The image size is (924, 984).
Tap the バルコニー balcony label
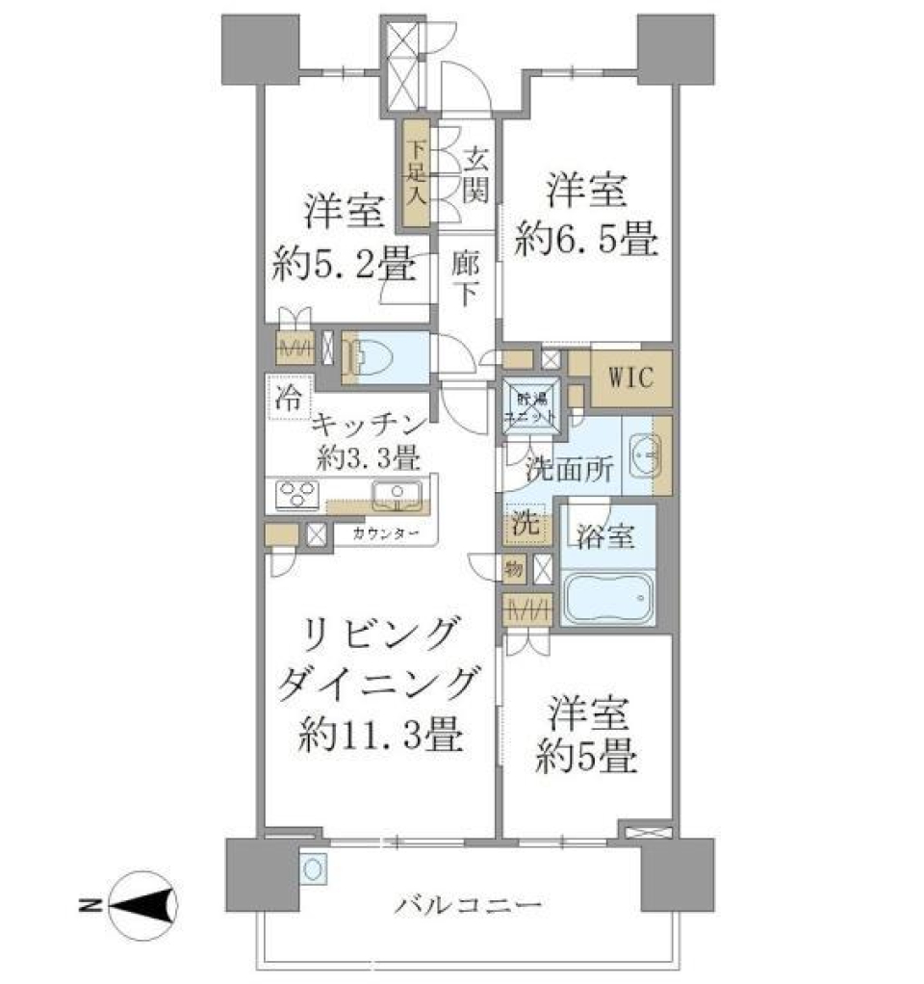[469, 905]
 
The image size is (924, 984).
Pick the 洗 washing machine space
[524, 526]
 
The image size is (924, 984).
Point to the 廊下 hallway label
[464, 279]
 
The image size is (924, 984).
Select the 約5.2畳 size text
[344, 260]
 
